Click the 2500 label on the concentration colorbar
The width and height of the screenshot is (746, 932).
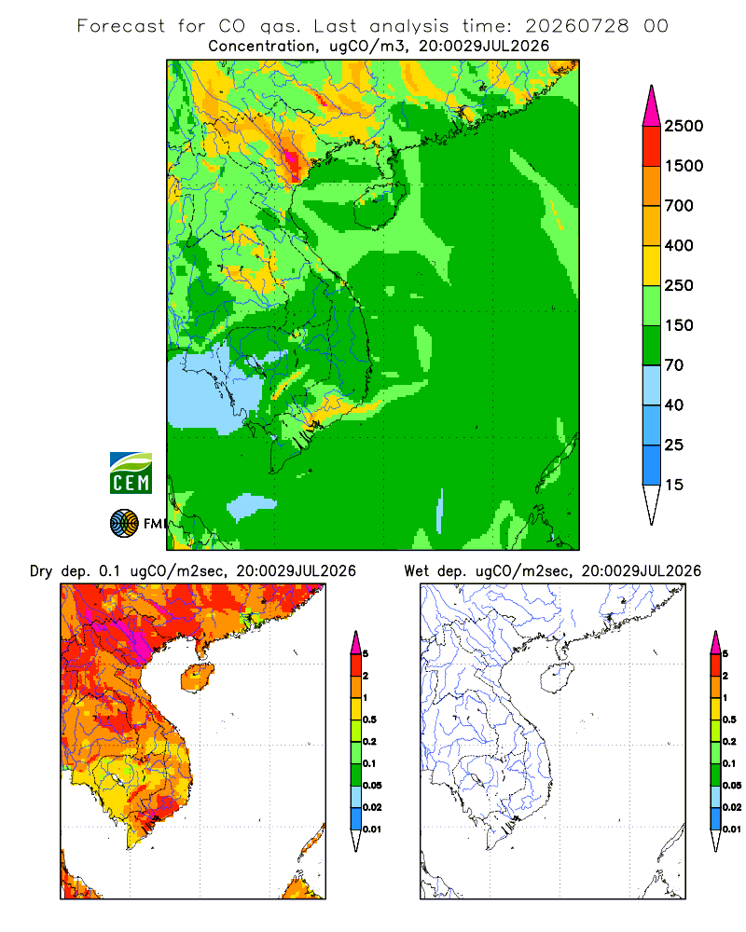coord(684,126)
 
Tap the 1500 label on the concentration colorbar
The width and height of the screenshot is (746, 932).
coord(684,166)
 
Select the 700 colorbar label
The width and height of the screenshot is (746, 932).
coord(679,206)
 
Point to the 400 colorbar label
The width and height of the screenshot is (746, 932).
coord(679,245)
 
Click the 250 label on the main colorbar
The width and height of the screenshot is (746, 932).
coord(679,285)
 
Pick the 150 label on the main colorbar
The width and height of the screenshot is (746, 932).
coord(679,325)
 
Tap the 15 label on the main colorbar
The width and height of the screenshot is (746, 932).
coord(674,485)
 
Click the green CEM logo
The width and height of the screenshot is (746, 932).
coord(131,473)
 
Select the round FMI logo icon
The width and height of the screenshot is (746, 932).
coord(124,524)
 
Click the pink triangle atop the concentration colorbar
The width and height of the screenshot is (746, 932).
coord(652,107)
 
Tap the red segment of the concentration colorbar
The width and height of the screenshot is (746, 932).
coord(652,146)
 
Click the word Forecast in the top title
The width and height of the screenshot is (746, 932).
coord(121,26)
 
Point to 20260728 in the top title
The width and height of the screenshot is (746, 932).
coord(576,26)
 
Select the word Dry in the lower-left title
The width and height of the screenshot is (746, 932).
coord(41,571)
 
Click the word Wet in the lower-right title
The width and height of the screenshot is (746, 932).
coord(416,571)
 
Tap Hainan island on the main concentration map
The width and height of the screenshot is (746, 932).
coord(380,203)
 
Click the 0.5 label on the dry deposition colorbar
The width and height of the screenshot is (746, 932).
coord(369,720)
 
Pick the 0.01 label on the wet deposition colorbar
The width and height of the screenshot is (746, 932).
coord(732,829)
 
